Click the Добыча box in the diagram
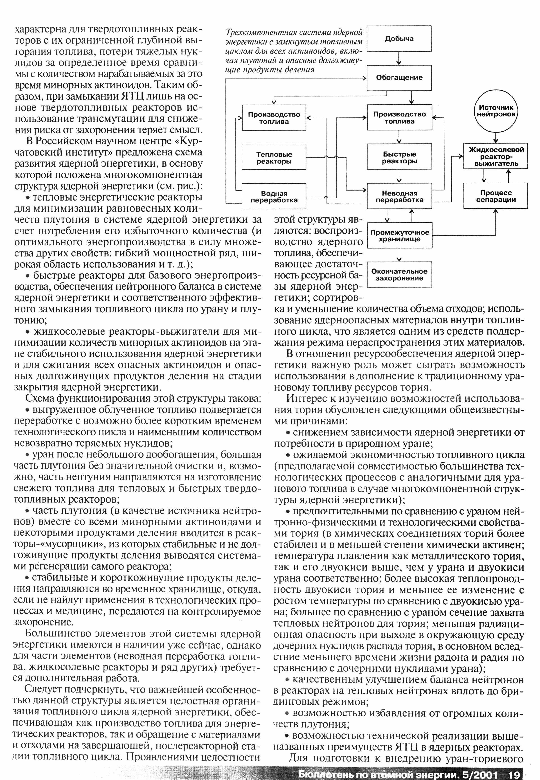tap(399, 38)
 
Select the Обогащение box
tap(399, 77)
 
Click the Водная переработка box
tap(274, 197)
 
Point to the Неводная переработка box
tap(399, 197)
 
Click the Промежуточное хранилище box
tap(399, 236)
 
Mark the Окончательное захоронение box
tap(399, 275)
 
